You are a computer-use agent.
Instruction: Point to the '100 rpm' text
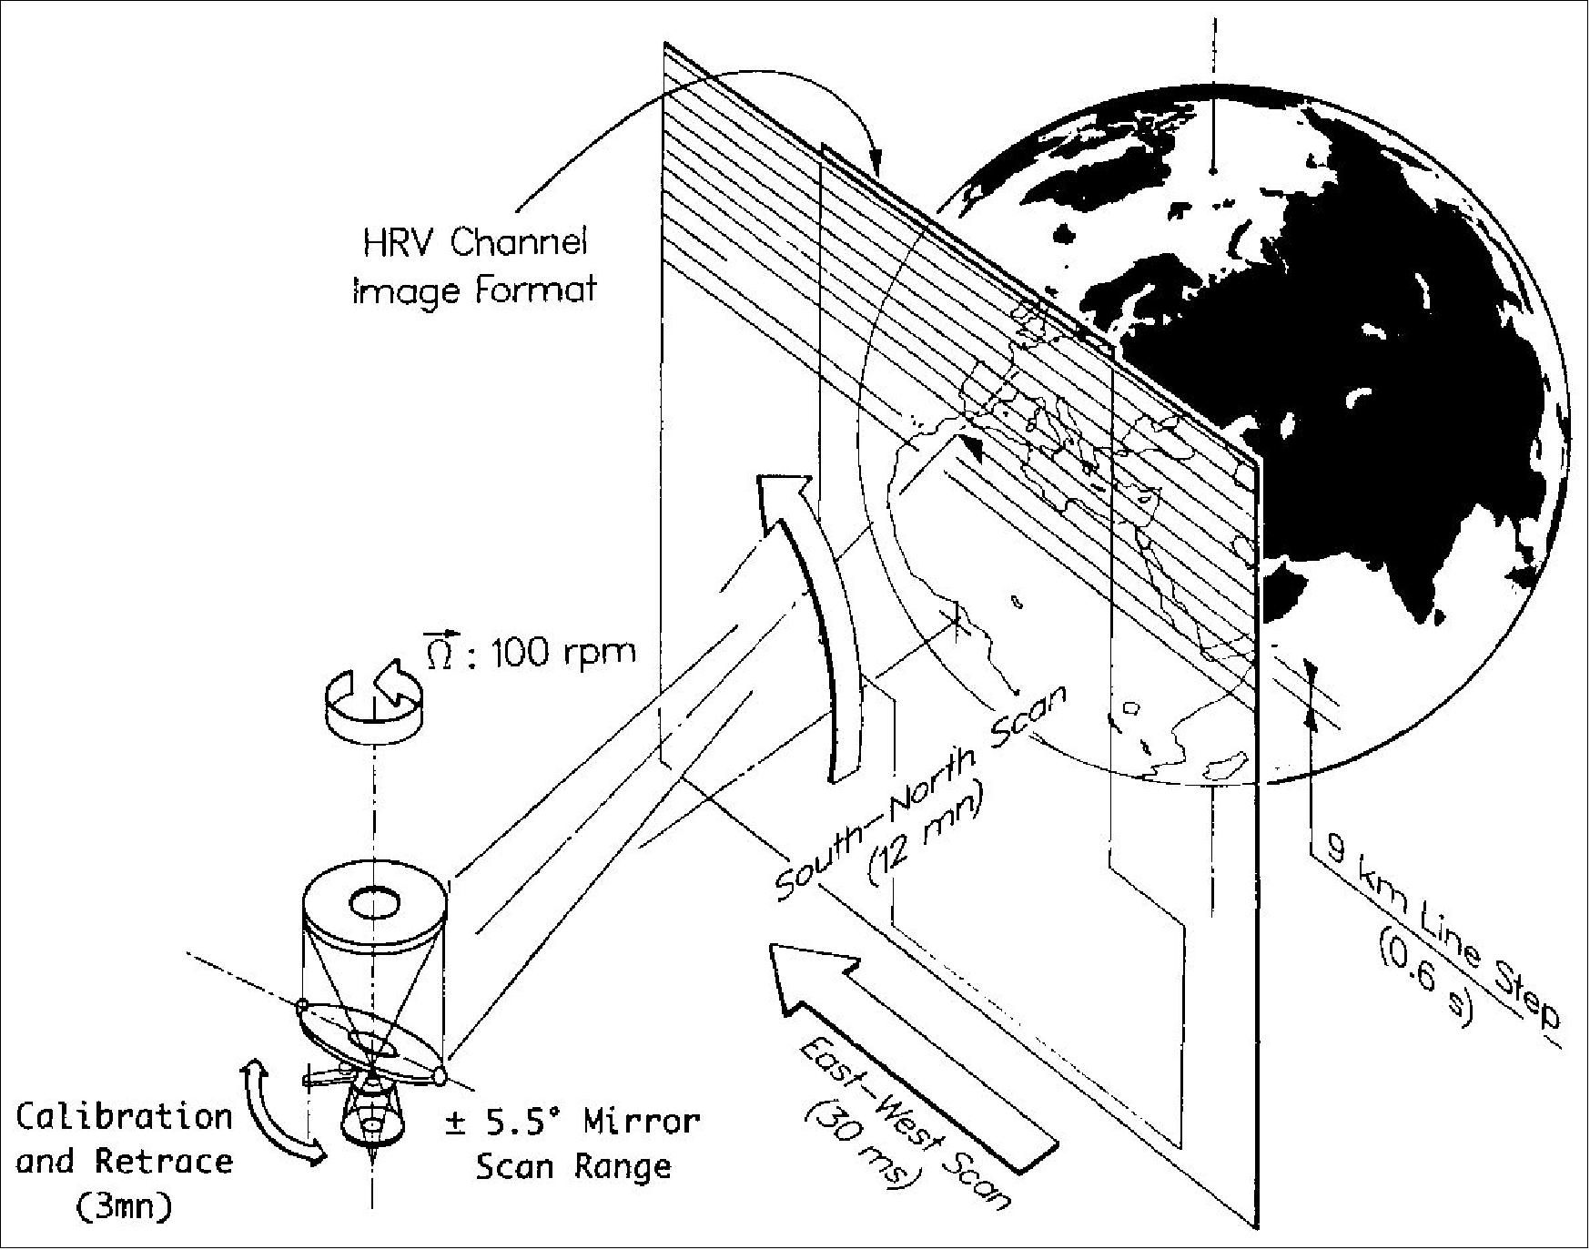click(x=563, y=653)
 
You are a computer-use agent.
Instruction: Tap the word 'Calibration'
click(x=125, y=1117)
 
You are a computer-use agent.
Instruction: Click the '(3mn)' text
click(x=124, y=1207)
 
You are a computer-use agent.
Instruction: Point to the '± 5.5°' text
click(x=506, y=1122)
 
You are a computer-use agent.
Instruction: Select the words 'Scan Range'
click(x=573, y=1166)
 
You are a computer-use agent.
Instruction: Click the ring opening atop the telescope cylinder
click(x=374, y=904)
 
